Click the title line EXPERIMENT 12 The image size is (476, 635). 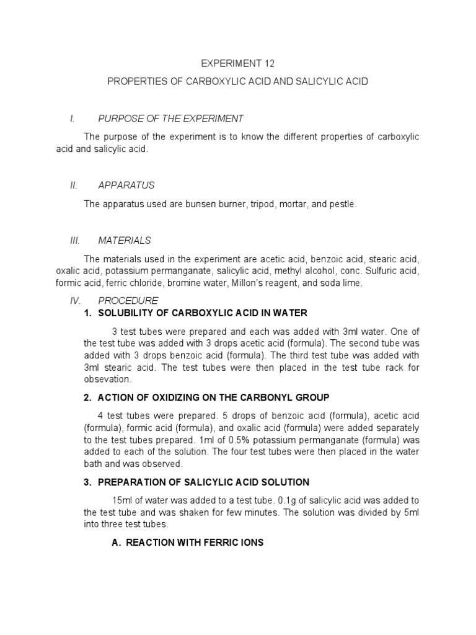click(238, 63)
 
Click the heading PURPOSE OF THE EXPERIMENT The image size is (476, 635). click(171, 118)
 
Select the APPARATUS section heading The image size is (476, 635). click(126, 185)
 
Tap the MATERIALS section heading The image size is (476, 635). click(125, 240)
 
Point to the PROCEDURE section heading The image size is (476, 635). click(128, 301)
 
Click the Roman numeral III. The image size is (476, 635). click(73, 240)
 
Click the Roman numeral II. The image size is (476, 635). click(72, 185)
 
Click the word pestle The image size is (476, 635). click(343, 203)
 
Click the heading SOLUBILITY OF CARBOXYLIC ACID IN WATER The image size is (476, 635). click(203, 313)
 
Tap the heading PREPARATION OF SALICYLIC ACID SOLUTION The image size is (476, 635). click(204, 482)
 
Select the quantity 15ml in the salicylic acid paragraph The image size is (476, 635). click(123, 500)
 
